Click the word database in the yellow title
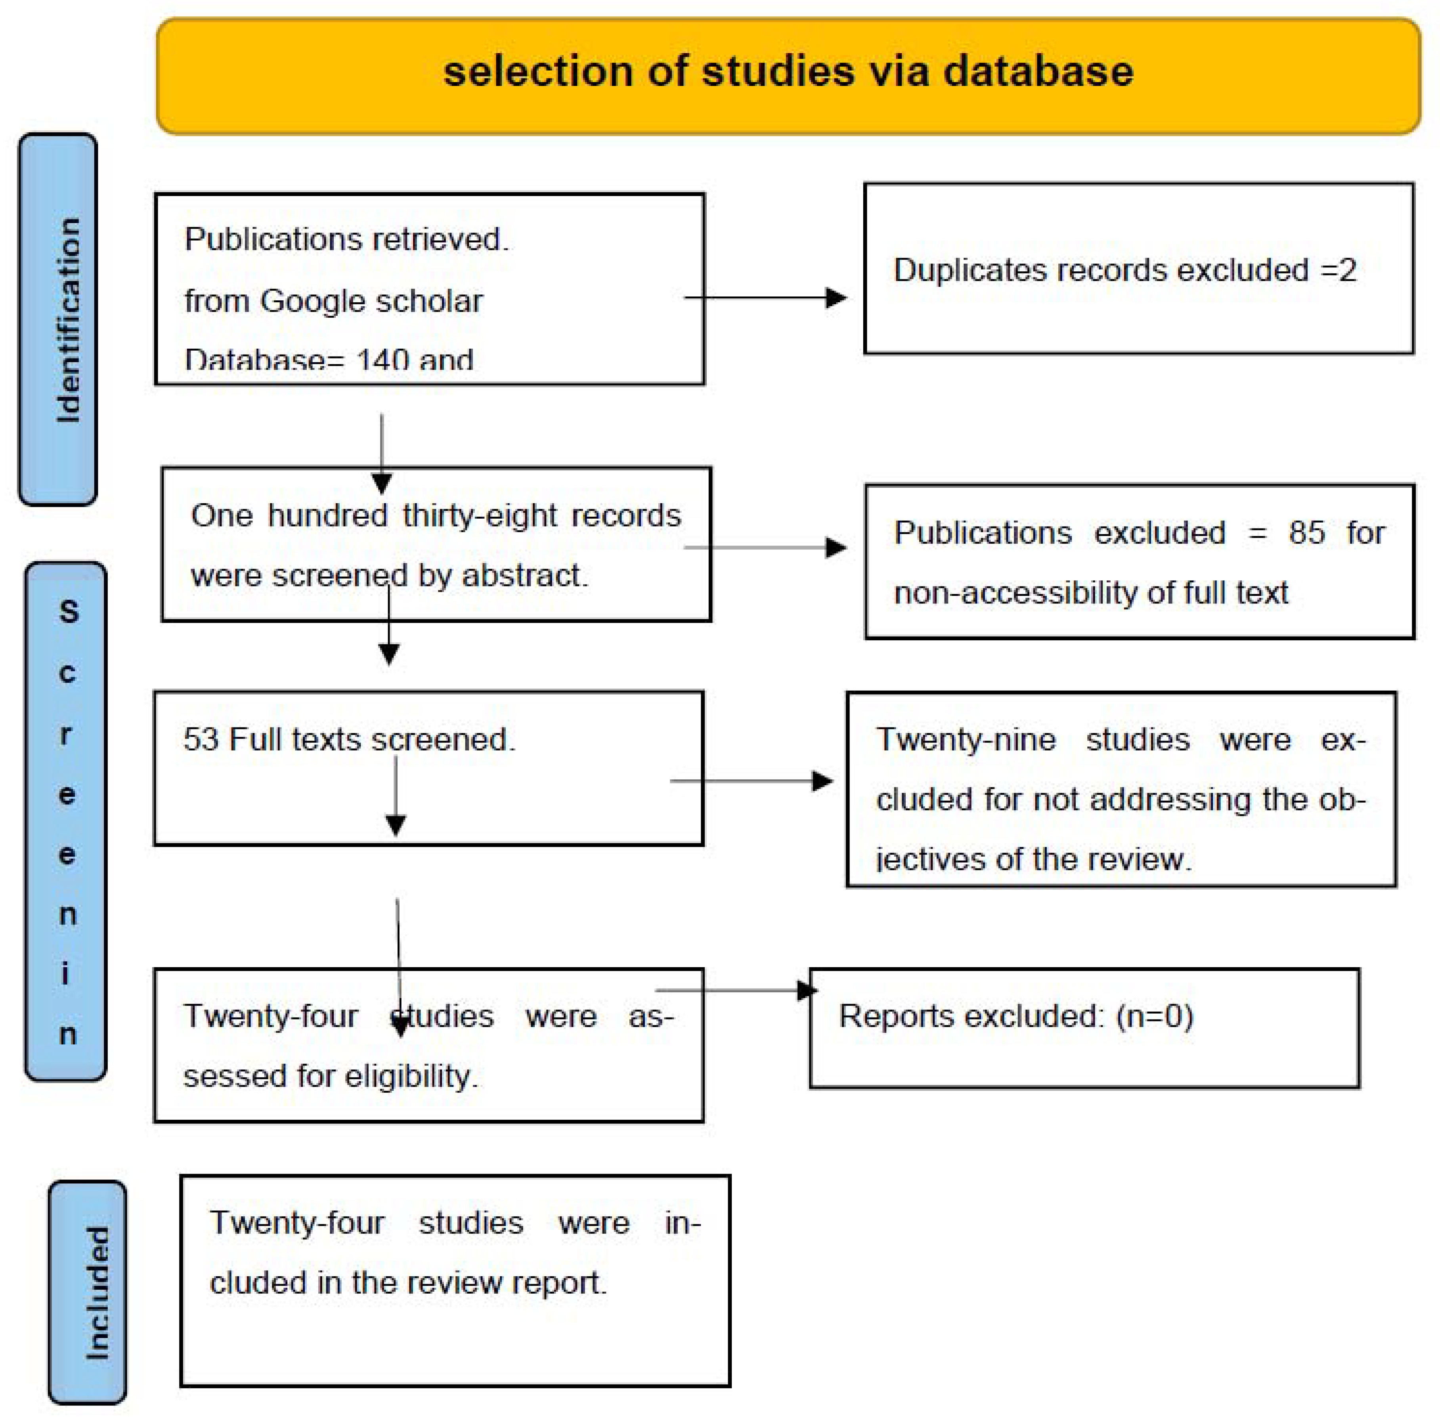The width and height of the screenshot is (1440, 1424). pyautogui.click(x=1038, y=72)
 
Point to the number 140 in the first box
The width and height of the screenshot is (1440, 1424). pyautogui.click(x=383, y=361)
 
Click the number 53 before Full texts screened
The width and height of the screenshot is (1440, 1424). pyautogui.click(x=201, y=739)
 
